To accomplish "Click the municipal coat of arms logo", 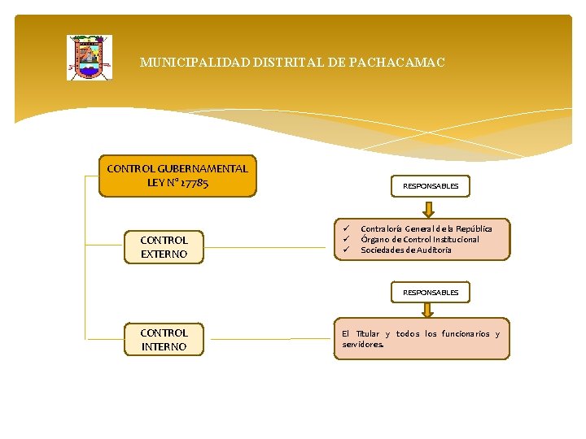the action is coord(90,57).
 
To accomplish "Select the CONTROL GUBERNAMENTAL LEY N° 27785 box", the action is coord(177,176).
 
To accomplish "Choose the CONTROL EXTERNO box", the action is coord(164,247).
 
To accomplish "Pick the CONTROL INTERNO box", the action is coord(164,340).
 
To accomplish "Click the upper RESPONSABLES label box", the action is coord(431,186).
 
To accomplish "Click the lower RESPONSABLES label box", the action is coord(431,292).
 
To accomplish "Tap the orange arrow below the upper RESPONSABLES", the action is coord(429,206).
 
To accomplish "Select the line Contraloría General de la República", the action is coord(426,229).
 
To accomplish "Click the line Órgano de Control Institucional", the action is coord(420,239).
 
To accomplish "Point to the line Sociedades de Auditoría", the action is coord(405,250).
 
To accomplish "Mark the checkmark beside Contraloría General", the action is coord(345,228).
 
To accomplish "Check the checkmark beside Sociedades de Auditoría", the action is coord(345,250).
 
